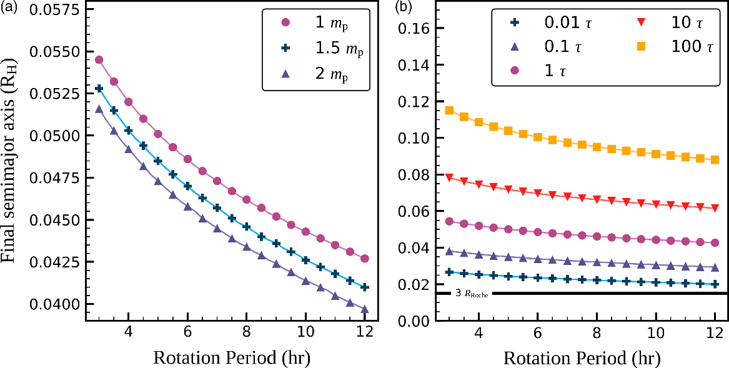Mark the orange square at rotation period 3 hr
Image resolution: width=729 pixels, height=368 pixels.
pyautogui.click(x=449, y=111)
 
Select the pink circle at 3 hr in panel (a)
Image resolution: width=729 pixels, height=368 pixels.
pyautogui.click(x=99, y=60)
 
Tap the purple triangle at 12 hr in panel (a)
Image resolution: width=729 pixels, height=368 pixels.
pyautogui.click(x=365, y=309)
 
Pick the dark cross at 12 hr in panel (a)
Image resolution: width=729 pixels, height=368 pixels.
pyautogui.click(x=365, y=287)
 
